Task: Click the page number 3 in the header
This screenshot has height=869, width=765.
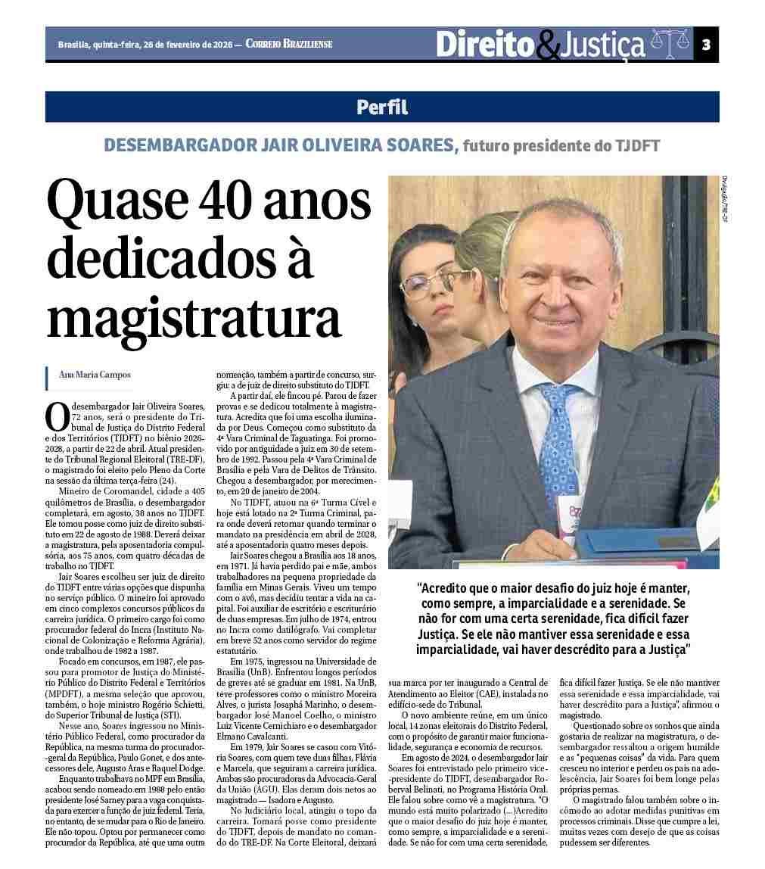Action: [x=705, y=45]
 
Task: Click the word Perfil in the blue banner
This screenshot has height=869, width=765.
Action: [x=382, y=107]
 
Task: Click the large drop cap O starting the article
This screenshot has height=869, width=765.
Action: [x=58, y=416]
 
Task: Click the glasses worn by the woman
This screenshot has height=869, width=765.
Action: [x=424, y=285]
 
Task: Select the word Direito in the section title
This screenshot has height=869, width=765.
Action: [x=485, y=45]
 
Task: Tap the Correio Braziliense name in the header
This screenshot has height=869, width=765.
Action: [x=289, y=45]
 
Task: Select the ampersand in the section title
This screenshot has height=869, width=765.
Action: [x=547, y=47]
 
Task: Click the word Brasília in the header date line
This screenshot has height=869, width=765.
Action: [x=73, y=45]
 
